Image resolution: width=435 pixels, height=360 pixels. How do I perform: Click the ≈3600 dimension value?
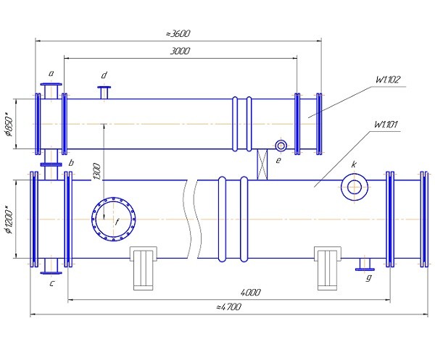178,33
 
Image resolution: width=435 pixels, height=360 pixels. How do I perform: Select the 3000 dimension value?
180,51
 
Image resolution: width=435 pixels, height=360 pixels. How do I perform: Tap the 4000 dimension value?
251,293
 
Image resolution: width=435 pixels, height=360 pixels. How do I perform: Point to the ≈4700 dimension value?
228,307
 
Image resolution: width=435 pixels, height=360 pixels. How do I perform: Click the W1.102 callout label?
388,80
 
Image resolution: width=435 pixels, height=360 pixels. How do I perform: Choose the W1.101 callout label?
386,124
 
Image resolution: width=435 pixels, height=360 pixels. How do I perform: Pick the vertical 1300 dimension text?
97,171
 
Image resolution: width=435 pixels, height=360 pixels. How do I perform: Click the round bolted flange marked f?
114,219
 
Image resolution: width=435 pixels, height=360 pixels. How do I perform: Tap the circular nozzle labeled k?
355,187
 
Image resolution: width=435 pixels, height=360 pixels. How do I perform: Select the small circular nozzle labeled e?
281,146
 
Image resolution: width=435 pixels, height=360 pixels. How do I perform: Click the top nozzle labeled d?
104,93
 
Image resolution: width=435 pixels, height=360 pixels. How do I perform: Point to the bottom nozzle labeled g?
365,264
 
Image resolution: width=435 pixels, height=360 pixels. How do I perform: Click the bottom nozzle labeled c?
51,266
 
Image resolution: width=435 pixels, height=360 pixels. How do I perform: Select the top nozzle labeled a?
51,91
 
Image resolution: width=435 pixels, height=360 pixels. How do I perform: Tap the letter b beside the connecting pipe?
71,163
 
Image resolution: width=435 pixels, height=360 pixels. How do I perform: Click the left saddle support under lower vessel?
144,268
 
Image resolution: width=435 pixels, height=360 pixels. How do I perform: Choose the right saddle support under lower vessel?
328,268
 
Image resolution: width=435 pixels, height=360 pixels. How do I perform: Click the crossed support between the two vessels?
262,164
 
